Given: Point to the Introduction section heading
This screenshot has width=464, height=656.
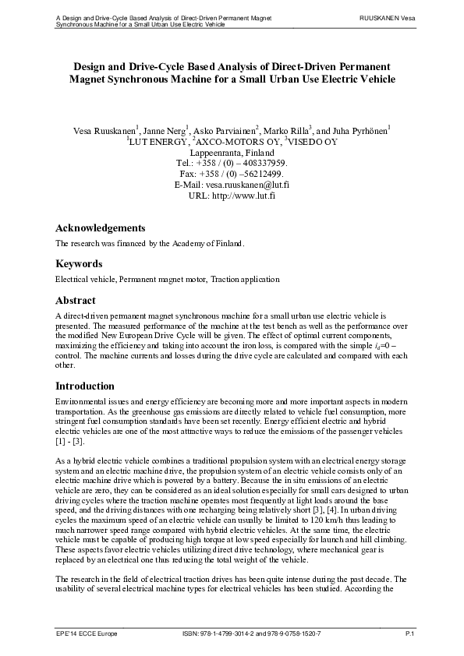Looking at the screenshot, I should pos(84,386).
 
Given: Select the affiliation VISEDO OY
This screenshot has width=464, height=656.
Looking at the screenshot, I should pos(312,142).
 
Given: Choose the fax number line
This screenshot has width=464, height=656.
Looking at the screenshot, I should pos(232,175).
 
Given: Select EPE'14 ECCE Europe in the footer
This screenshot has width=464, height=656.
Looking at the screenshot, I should pos(87,636).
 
